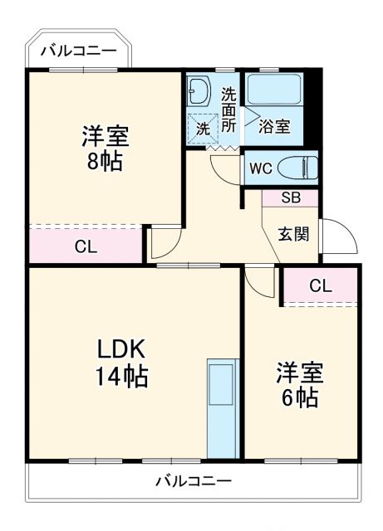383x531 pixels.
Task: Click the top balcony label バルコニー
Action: coord(80,51)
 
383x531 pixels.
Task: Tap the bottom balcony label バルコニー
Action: coord(193,480)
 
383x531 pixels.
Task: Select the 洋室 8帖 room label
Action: coord(106,148)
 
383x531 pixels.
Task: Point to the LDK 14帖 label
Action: coord(120,362)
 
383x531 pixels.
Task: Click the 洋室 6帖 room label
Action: coord(298,385)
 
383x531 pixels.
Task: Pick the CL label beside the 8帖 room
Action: coord(85,246)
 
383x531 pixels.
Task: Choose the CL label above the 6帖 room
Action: coord(321,286)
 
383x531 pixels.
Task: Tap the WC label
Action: coord(262,168)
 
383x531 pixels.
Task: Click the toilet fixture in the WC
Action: coord(296,167)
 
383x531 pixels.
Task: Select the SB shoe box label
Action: coord(290,198)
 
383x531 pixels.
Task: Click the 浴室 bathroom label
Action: coord(273,127)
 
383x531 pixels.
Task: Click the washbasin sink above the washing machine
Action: coord(199,90)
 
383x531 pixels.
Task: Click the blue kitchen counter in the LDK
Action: coord(221,407)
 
